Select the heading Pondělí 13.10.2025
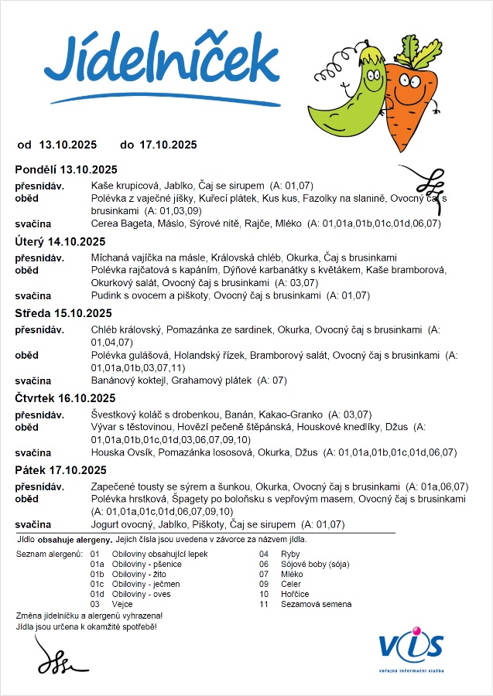(x=66, y=169)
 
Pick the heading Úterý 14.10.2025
(x=60, y=241)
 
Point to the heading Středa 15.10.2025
(x=63, y=313)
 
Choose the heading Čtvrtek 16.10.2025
(x=65, y=398)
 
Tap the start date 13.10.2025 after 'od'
(x=67, y=145)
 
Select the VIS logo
(x=411, y=645)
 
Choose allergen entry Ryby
(x=291, y=554)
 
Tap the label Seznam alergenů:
(x=49, y=554)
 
